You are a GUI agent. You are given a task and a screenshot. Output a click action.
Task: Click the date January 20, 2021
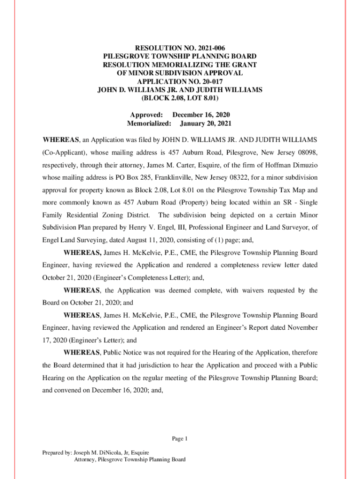point(206,124)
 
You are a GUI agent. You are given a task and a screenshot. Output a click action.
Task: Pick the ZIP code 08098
point(307,152)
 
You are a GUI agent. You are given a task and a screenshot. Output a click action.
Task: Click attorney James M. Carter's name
point(169,165)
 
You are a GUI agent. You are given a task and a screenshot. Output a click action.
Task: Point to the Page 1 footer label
point(180,439)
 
